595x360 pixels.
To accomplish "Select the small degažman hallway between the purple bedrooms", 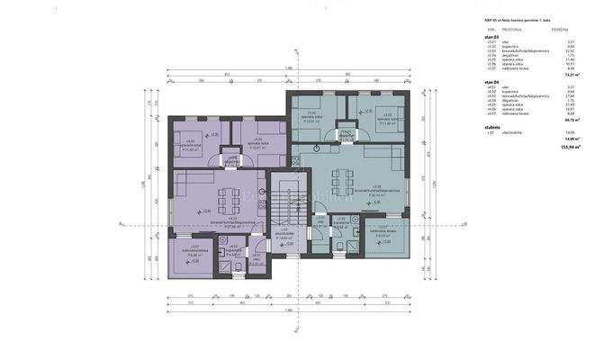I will [x=232, y=162].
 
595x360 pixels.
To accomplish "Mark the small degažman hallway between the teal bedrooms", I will [x=345, y=136].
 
